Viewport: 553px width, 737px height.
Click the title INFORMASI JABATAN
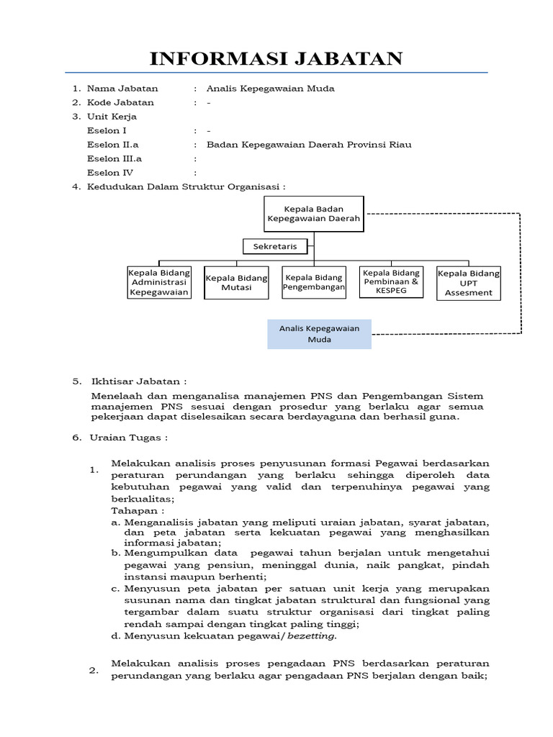pos(276,58)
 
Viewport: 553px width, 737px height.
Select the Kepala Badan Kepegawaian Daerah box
pos(313,213)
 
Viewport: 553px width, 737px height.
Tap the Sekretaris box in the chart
pos(274,247)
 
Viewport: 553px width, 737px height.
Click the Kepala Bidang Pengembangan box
pos(313,282)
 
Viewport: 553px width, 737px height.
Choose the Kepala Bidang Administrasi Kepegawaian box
pos(159,282)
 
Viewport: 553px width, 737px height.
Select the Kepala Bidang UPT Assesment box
pos(469,282)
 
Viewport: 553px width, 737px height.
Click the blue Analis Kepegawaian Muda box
pos(319,334)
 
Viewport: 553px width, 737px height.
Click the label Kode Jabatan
pos(120,103)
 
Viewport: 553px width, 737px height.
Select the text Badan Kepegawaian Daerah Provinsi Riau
pos(309,145)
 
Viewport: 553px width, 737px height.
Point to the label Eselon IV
pos(110,173)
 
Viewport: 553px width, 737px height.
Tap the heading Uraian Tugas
pos(130,437)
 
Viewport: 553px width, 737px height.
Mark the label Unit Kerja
pos(112,117)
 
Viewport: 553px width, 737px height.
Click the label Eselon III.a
pos(114,159)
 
